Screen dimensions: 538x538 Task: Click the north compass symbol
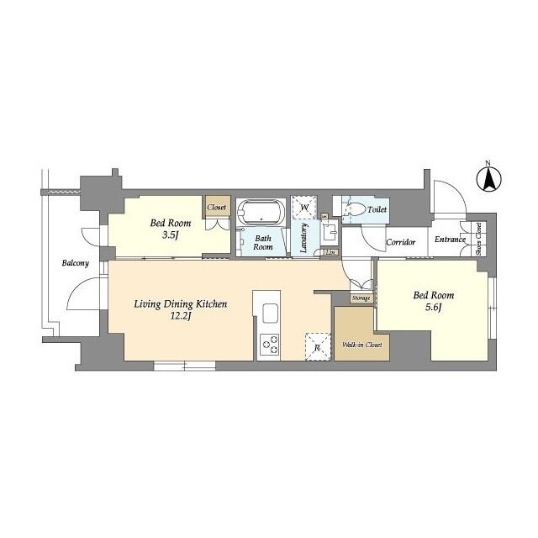point(487,179)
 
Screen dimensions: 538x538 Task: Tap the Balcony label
point(75,263)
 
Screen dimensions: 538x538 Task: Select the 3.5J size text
point(171,236)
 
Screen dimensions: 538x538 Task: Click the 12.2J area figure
point(181,316)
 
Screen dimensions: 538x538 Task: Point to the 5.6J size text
point(433,309)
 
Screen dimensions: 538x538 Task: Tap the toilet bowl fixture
point(353,209)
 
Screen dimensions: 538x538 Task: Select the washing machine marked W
point(303,207)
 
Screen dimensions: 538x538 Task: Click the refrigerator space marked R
point(318,347)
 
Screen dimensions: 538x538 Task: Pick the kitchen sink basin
point(271,314)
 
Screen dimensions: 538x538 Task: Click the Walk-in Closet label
point(361,345)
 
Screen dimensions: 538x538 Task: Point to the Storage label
point(361,298)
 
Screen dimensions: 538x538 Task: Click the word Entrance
point(450,240)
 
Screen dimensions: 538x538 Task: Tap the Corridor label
point(401,243)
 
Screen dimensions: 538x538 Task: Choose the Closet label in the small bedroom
point(217,206)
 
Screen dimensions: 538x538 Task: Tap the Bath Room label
point(263,243)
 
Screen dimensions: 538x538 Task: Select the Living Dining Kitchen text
point(181,303)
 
